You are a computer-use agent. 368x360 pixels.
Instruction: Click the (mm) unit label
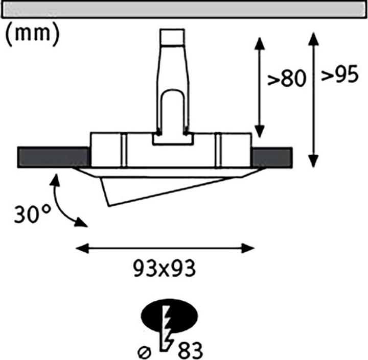tap(32, 34)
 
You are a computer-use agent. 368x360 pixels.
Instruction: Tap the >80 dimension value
tap(287, 78)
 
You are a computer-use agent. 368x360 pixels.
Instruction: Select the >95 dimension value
tap(340, 74)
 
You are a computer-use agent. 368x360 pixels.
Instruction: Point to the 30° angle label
tap(32, 214)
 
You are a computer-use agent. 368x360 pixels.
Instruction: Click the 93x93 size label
tap(164, 269)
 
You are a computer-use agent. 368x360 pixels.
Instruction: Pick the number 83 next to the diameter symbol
tap(190, 350)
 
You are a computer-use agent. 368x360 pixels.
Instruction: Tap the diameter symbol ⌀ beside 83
tap(144, 352)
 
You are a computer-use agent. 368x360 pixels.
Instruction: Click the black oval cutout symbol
tap(169, 316)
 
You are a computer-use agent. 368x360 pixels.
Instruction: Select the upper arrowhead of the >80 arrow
tap(259, 43)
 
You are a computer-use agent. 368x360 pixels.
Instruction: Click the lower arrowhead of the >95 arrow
tap(313, 161)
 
